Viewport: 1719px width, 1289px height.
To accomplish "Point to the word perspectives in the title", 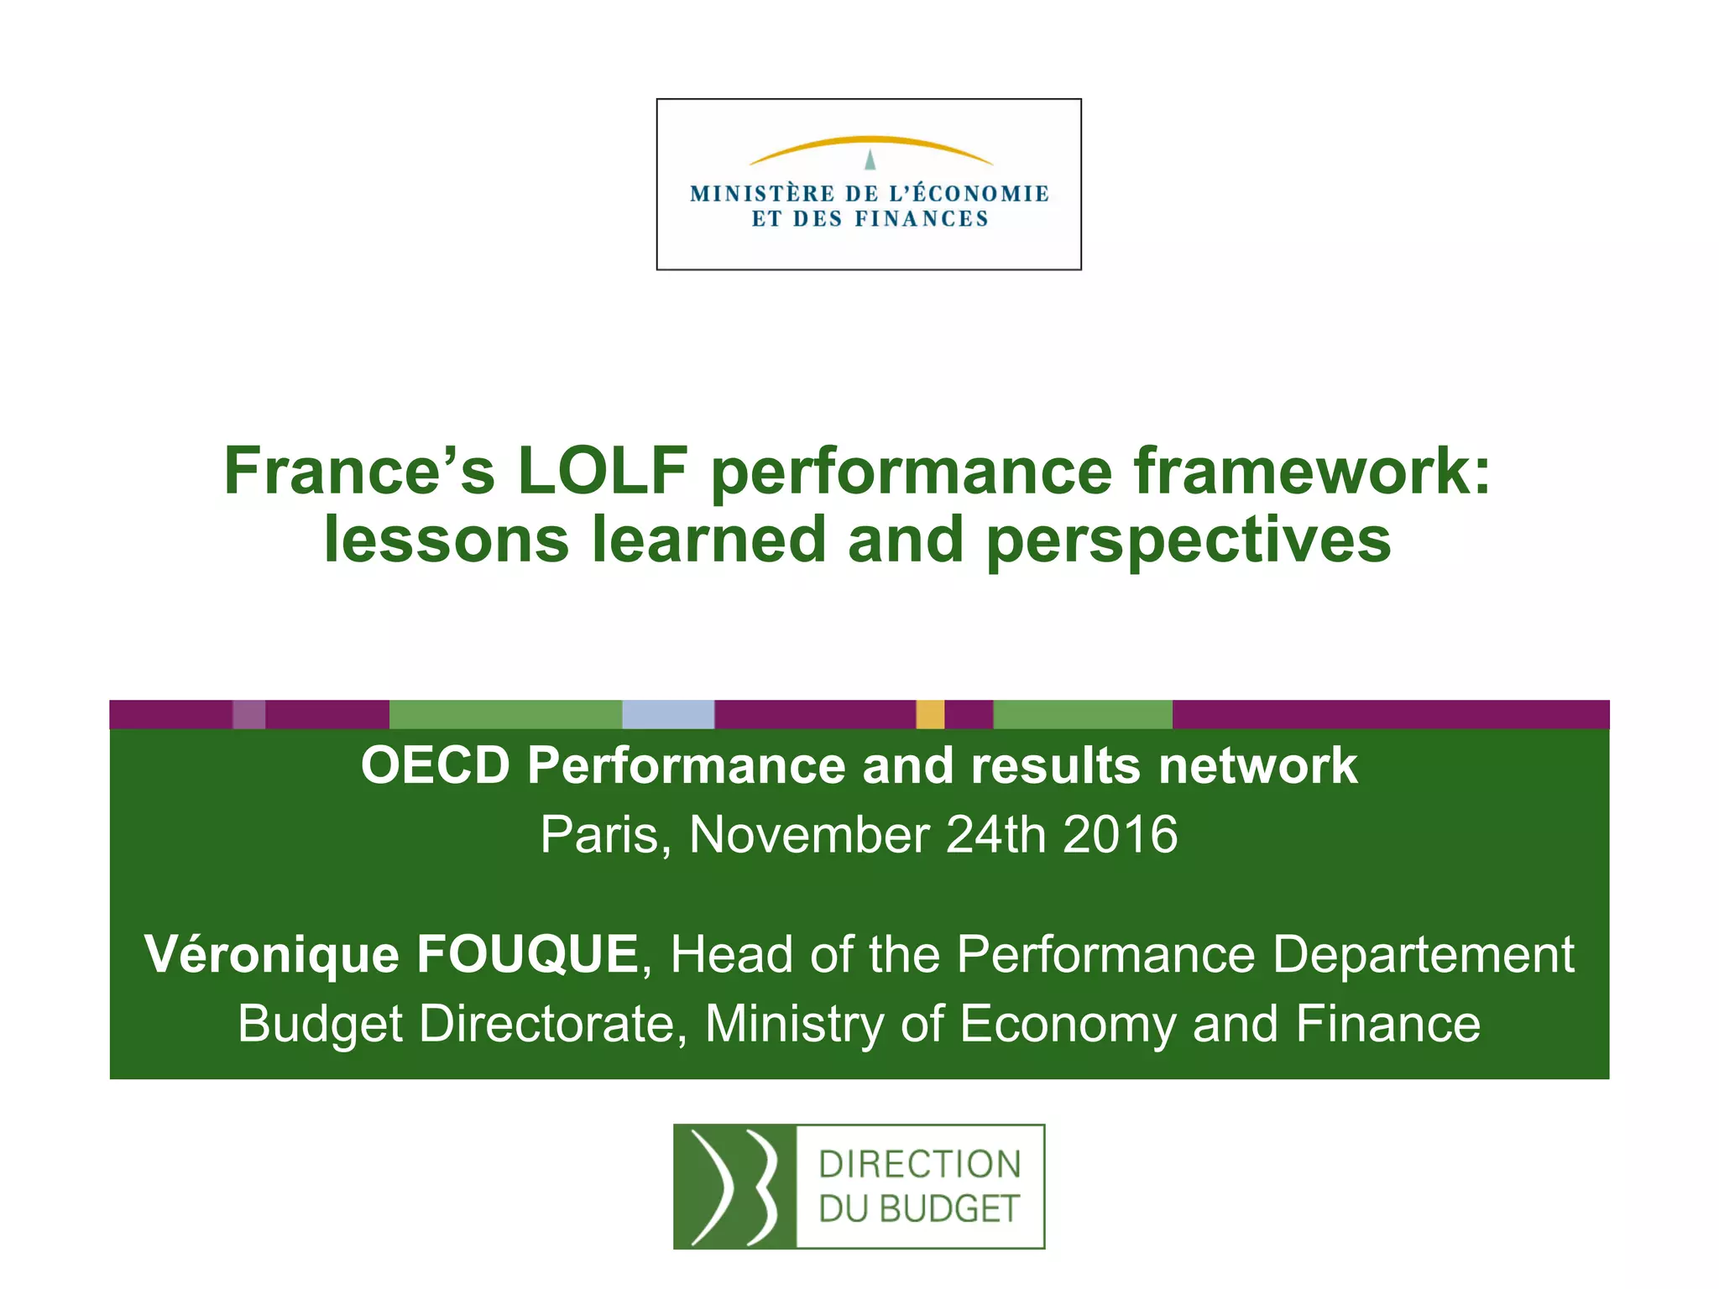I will tap(1189, 541).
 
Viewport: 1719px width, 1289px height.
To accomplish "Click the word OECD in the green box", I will tap(436, 765).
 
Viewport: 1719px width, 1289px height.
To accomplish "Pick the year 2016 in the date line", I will tap(1120, 834).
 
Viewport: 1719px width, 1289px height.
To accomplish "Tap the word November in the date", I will tap(809, 834).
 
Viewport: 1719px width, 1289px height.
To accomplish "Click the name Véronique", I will tap(271, 954).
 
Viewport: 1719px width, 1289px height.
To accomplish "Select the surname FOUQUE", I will tap(527, 954).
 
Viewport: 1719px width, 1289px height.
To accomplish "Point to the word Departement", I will tap(1424, 954).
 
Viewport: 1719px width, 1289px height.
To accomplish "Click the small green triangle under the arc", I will tap(870, 159).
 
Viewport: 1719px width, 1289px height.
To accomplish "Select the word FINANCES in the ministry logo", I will tap(922, 219).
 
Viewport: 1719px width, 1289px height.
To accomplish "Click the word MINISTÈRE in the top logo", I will tap(762, 194).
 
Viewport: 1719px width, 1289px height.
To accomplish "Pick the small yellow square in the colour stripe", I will tap(930, 714).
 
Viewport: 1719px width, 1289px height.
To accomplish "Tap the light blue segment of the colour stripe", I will tap(668, 714).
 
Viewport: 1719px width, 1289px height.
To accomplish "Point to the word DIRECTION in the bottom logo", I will tap(919, 1165).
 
